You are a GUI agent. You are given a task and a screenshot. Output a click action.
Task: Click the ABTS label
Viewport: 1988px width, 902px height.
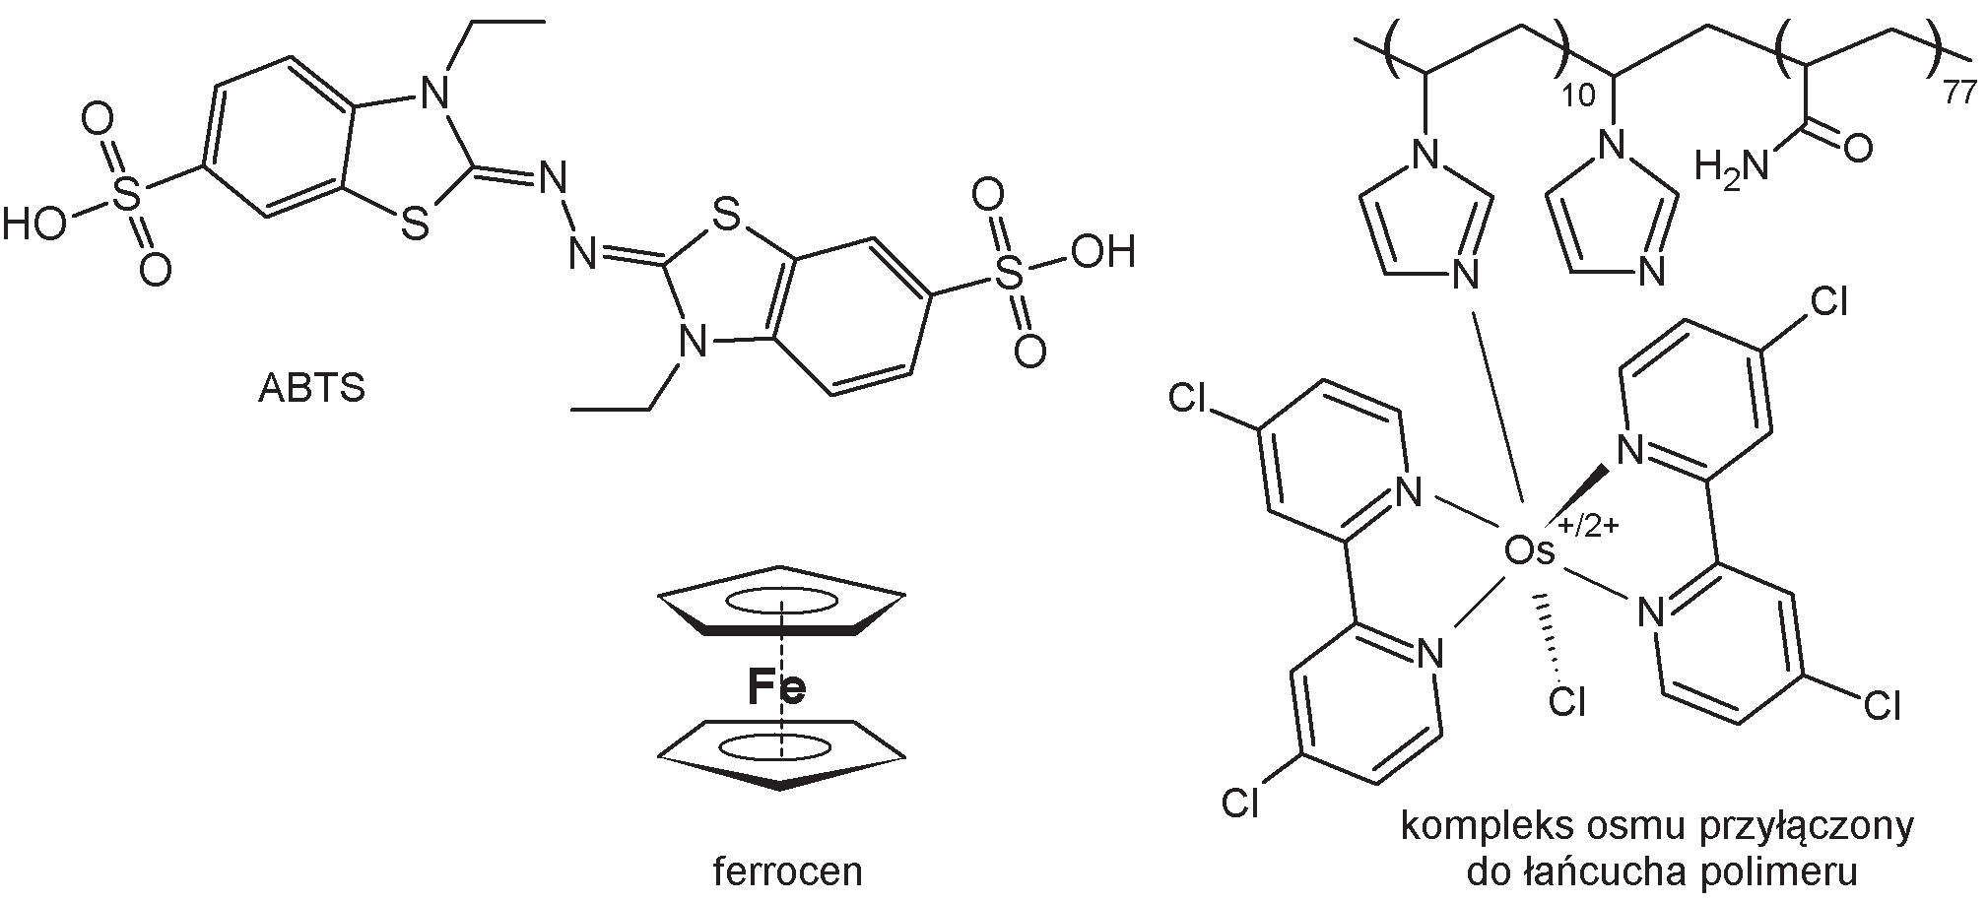pos(311,389)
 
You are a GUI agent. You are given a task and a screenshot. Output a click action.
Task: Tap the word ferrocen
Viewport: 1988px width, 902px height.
pos(787,870)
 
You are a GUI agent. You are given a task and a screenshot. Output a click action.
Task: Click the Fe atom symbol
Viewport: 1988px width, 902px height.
pos(776,687)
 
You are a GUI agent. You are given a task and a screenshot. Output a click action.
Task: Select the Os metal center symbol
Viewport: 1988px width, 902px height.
pos(1530,552)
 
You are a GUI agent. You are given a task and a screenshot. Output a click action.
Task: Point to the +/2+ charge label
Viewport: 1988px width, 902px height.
pos(1587,525)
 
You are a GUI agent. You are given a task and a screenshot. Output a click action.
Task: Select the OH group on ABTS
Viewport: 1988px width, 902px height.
pos(1102,252)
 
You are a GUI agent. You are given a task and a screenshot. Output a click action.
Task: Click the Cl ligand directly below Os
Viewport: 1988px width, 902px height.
pos(1566,701)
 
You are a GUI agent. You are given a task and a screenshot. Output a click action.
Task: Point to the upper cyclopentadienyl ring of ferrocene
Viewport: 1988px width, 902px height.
pos(780,600)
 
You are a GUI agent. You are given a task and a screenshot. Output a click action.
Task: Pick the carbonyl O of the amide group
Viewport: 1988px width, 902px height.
pos(1857,149)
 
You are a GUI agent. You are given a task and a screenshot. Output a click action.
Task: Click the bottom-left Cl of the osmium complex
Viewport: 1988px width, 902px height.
pos(1240,804)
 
